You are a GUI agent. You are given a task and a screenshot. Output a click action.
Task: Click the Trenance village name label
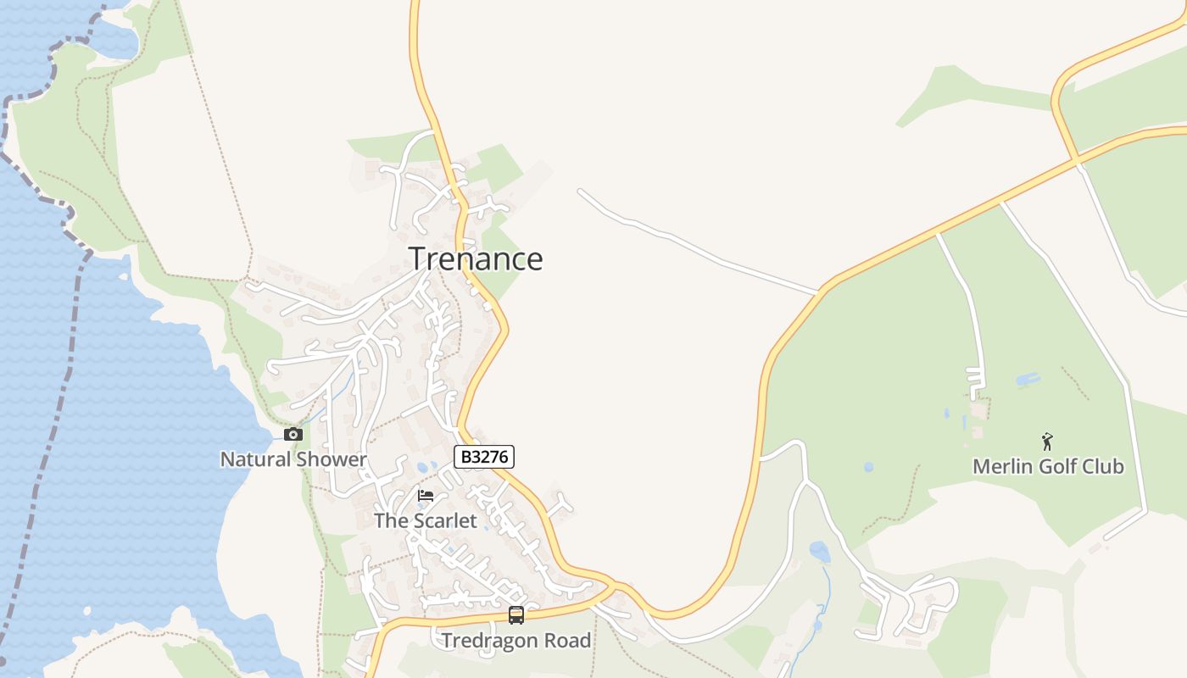tap(476, 258)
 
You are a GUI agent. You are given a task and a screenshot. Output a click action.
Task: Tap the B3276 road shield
tap(484, 458)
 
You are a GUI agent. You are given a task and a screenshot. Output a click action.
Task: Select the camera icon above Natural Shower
tap(293, 435)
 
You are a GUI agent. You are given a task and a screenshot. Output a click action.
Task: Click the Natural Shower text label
tap(293, 460)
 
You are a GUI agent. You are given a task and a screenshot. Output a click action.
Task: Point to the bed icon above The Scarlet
tap(426, 496)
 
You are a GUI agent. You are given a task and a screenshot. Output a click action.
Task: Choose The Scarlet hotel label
tap(426, 520)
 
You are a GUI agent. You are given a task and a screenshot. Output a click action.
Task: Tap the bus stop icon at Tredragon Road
tap(516, 616)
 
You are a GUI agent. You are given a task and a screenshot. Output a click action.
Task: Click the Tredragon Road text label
tap(516, 641)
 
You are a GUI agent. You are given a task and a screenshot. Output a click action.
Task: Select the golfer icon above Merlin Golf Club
tap(1047, 442)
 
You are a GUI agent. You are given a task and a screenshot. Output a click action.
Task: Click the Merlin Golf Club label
tap(1048, 466)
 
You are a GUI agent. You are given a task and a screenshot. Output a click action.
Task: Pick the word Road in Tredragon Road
tap(568, 641)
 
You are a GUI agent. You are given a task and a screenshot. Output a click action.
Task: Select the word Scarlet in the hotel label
tap(445, 520)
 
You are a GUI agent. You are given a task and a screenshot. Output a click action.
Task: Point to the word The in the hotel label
tap(391, 520)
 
